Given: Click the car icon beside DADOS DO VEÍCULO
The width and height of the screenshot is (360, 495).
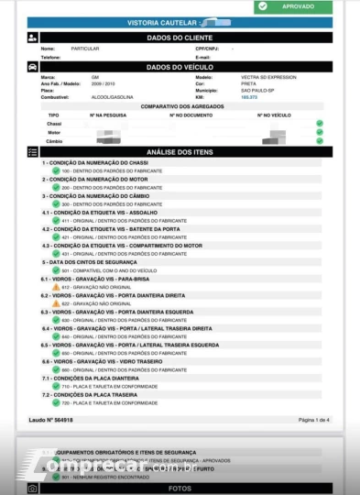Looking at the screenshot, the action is coord(33,67).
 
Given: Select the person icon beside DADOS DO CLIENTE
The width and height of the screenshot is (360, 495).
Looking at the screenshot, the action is coord(33,38).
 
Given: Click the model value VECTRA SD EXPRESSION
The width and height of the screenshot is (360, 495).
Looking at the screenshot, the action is coord(268,77).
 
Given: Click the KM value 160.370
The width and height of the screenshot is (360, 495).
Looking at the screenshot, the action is coord(249,96).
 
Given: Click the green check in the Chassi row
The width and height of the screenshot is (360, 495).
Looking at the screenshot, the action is coord(320,123).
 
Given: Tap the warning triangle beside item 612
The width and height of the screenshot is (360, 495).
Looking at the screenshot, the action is coord(56,287).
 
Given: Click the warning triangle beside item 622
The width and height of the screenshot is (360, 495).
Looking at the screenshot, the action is coord(56,303).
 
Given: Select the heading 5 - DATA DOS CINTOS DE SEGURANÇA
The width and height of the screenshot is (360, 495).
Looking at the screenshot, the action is coord(95,262).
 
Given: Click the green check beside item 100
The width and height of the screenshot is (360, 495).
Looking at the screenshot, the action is coord(56,170).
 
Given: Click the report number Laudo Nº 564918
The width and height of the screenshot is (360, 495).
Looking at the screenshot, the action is coord(51,420).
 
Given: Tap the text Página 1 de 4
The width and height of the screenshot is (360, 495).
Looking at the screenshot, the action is coord(313,420).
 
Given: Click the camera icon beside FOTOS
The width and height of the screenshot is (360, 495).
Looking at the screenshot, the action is coord(33,489).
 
